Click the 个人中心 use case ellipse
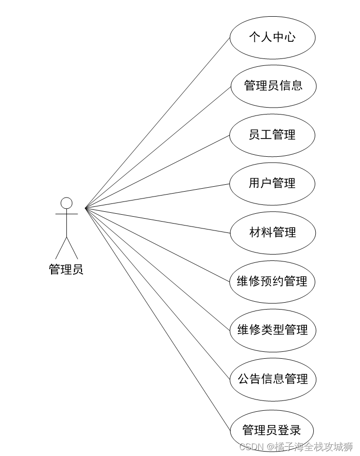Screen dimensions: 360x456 [272, 37]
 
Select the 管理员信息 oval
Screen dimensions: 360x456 [273, 86]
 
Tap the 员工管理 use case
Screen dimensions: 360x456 [272, 135]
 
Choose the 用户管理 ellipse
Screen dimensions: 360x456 [272, 184]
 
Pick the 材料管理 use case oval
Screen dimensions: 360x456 [273, 232]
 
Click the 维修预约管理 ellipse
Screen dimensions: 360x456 [272, 282]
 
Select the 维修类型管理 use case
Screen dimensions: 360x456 [273, 330]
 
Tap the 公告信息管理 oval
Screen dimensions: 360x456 [273, 379]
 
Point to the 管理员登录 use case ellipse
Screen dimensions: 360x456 [272, 430]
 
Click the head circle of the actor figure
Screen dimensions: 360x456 [66, 203]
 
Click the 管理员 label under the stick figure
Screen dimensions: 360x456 [66, 269]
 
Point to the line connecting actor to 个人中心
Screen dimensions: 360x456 [157, 123]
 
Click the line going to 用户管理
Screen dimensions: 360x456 [157, 196]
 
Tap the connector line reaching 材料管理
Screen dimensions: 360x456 [157, 220]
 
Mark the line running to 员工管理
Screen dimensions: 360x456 [157, 171]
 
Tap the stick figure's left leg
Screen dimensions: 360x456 [61, 249]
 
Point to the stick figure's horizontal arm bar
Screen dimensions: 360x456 [66, 214]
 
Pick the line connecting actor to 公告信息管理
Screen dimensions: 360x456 [157, 293]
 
